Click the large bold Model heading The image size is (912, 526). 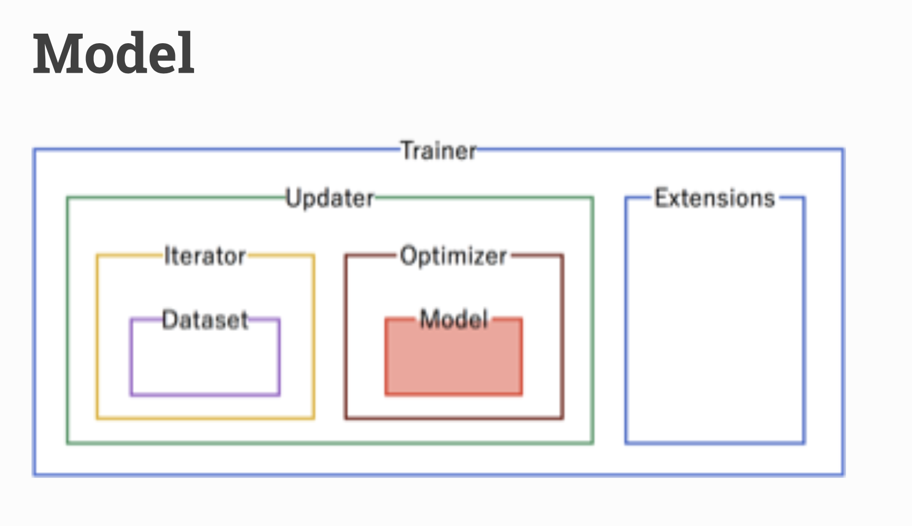[114, 53]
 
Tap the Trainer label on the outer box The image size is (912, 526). [439, 151]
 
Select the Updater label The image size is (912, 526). [330, 199]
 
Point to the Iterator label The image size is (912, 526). [205, 256]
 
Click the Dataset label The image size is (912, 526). [205, 320]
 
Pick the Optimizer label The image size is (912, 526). [453, 257]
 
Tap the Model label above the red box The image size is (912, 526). [454, 319]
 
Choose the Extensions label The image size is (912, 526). [715, 198]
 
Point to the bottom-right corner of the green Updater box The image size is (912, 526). [593, 443]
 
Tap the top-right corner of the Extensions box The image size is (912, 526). [804, 198]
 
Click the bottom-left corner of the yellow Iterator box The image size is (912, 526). [98, 418]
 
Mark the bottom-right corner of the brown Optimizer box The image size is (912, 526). [562, 418]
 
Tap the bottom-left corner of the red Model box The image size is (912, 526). [386, 394]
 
